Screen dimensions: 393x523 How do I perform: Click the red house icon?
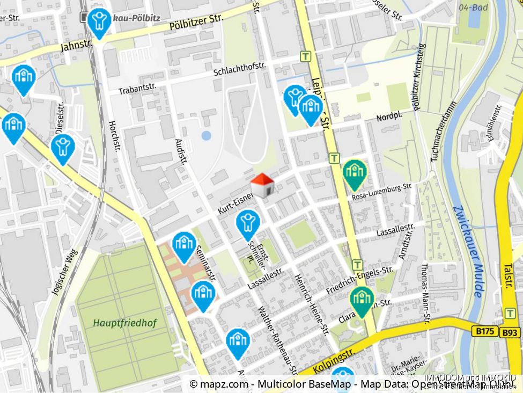tap(263, 185)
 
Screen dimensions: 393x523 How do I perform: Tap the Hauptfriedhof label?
tap(124, 323)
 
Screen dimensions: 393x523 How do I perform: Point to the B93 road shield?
tap(510, 333)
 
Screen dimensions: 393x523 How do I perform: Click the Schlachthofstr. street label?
tap(240, 69)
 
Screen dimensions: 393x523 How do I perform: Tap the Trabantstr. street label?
tap(137, 88)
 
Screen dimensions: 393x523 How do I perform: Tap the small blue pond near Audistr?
tap(207, 135)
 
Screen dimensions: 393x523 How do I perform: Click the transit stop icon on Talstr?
tap(510, 312)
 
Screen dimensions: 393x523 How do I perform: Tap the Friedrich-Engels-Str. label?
tap(363, 278)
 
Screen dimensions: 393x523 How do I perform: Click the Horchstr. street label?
tap(113, 133)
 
